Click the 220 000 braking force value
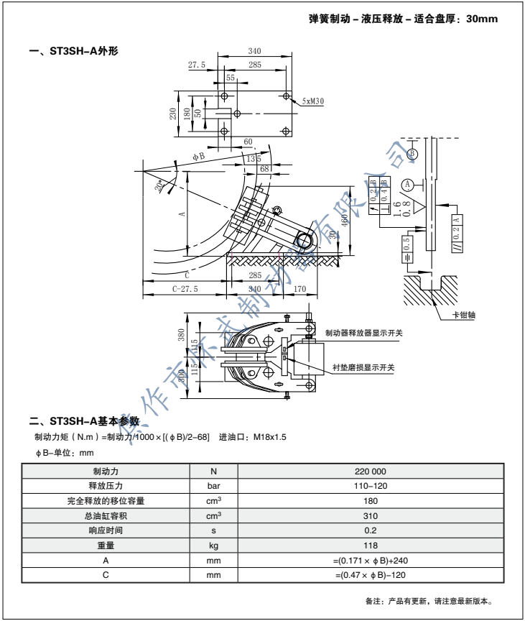[371, 471]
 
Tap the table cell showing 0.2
[371, 530]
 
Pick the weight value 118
[371, 545]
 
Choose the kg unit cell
[213, 545]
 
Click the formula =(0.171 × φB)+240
[371, 559]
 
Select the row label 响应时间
[106, 530]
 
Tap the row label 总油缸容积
[106, 515]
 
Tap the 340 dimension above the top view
[254, 50]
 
